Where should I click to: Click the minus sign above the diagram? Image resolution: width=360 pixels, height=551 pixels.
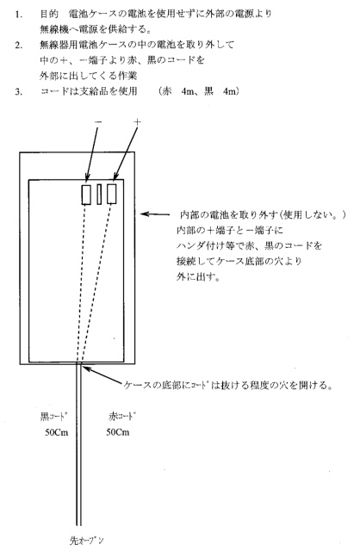[x=98, y=121]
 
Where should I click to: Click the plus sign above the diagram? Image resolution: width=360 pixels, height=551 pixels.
[x=137, y=122]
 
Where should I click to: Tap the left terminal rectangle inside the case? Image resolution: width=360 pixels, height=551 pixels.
[x=86, y=195]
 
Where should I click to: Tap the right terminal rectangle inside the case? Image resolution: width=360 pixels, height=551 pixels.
[x=112, y=194]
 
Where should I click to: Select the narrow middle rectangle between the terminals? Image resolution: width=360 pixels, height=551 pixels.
[x=99, y=195]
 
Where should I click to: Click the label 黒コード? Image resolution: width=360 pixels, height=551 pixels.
[x=53, y=417]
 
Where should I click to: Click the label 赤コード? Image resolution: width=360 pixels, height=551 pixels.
[x=122, y=417]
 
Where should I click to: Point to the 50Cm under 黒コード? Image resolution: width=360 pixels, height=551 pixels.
[x=57, y=432]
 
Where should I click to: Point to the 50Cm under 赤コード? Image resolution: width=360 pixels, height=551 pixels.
[x=118, y=432]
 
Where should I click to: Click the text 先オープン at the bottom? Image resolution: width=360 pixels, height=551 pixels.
[x=86, y=540]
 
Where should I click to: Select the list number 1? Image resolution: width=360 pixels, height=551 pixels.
[x=18, y=15]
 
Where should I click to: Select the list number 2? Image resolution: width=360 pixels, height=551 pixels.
[x=18, y=46]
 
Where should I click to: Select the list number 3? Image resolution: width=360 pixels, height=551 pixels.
[x=18, y=92]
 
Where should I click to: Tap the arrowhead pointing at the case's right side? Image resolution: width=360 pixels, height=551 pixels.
[x=144, y=214]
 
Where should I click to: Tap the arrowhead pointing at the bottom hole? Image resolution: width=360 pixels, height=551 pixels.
[x=86, y=369]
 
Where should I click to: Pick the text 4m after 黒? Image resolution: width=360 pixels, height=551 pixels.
[x=230, y=91]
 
